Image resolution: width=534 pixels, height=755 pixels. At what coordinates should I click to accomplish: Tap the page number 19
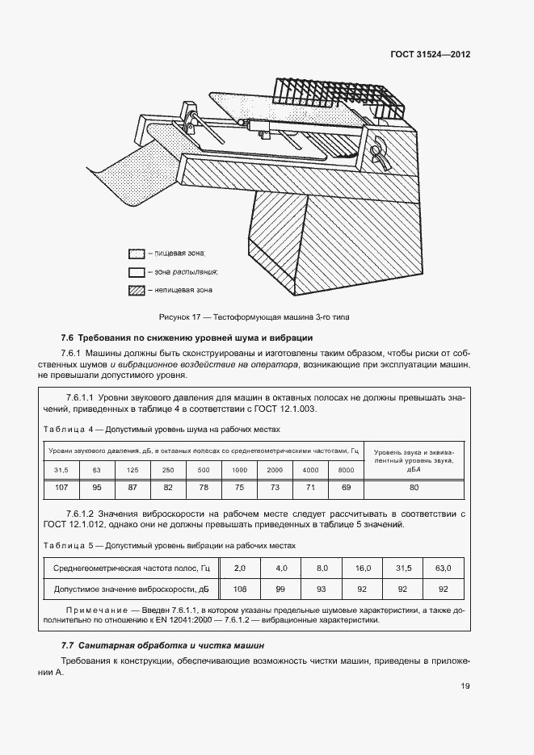[465, 686]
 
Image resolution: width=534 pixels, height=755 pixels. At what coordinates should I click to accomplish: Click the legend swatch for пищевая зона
[136, 253]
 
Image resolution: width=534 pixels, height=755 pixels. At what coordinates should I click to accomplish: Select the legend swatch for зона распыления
[136, 271]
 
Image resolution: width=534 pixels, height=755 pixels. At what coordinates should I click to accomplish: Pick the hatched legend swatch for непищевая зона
[136, 290]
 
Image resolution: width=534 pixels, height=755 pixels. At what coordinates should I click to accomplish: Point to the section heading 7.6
[187, 338]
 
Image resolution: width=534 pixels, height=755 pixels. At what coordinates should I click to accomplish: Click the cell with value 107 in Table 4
[62, 488]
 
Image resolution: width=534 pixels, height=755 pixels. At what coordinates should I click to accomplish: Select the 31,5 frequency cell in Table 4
[62, 469]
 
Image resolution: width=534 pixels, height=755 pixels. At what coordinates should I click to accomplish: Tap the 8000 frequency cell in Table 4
[347, 469]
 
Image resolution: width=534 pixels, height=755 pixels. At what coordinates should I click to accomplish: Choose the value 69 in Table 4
[347, 488]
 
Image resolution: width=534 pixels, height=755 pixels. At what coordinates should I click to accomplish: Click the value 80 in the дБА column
[414, 488]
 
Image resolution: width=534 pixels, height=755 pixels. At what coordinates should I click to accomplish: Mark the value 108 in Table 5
[238, 589]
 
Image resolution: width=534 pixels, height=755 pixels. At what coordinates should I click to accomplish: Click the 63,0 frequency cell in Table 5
[443, 568]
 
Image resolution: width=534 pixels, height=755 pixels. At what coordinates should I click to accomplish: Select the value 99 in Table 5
[280, 589]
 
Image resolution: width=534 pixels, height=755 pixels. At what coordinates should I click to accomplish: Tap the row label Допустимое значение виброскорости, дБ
[130, 589]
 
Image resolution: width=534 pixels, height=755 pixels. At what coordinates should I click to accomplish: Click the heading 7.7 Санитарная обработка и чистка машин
[162, 645]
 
